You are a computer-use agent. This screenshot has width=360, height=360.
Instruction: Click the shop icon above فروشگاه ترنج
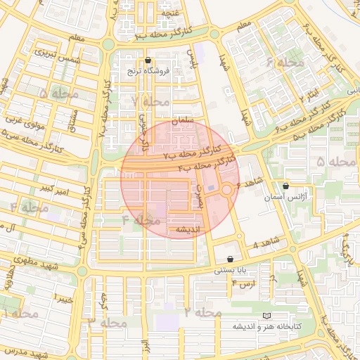tap(147, 60)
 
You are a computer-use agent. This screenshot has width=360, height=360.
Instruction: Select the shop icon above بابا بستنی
tap(231, 259)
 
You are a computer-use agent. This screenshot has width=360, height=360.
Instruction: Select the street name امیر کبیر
tap(54, 188)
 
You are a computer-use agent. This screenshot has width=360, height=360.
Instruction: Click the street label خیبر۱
tap(65, 300)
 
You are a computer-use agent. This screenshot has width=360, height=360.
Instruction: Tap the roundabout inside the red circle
tap(227, 191)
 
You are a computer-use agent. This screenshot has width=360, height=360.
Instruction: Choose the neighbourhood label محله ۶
tap(284, 63)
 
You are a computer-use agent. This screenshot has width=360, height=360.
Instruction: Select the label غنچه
tap(171, 13)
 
